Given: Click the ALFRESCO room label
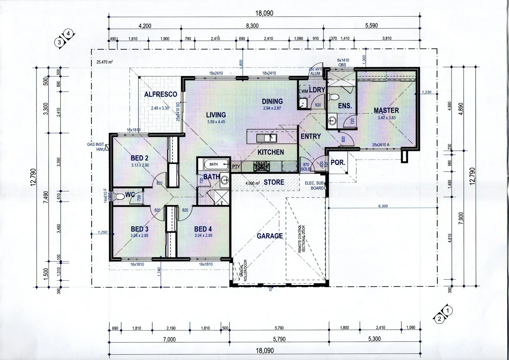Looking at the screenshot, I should [160, 94].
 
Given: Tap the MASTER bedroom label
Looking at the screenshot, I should [386, 110].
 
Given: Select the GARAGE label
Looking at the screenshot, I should [269, 236].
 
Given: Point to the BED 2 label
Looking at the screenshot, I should [139, 158].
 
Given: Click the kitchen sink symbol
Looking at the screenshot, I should [266, 137].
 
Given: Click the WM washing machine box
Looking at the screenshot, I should [304, 91].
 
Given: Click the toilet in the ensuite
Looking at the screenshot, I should [333, 97].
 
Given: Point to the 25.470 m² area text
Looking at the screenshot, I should [105, 62].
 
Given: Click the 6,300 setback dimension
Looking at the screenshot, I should [383, 206].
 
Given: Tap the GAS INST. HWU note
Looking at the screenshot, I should [96, 147].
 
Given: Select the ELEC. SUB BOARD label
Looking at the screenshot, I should [314, 186].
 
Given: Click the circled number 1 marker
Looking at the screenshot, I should [448, 310].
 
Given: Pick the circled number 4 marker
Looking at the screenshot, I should [68, 33].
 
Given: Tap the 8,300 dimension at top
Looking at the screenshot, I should [252, 26].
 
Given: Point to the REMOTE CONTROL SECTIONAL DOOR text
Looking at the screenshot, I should [301, 238].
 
